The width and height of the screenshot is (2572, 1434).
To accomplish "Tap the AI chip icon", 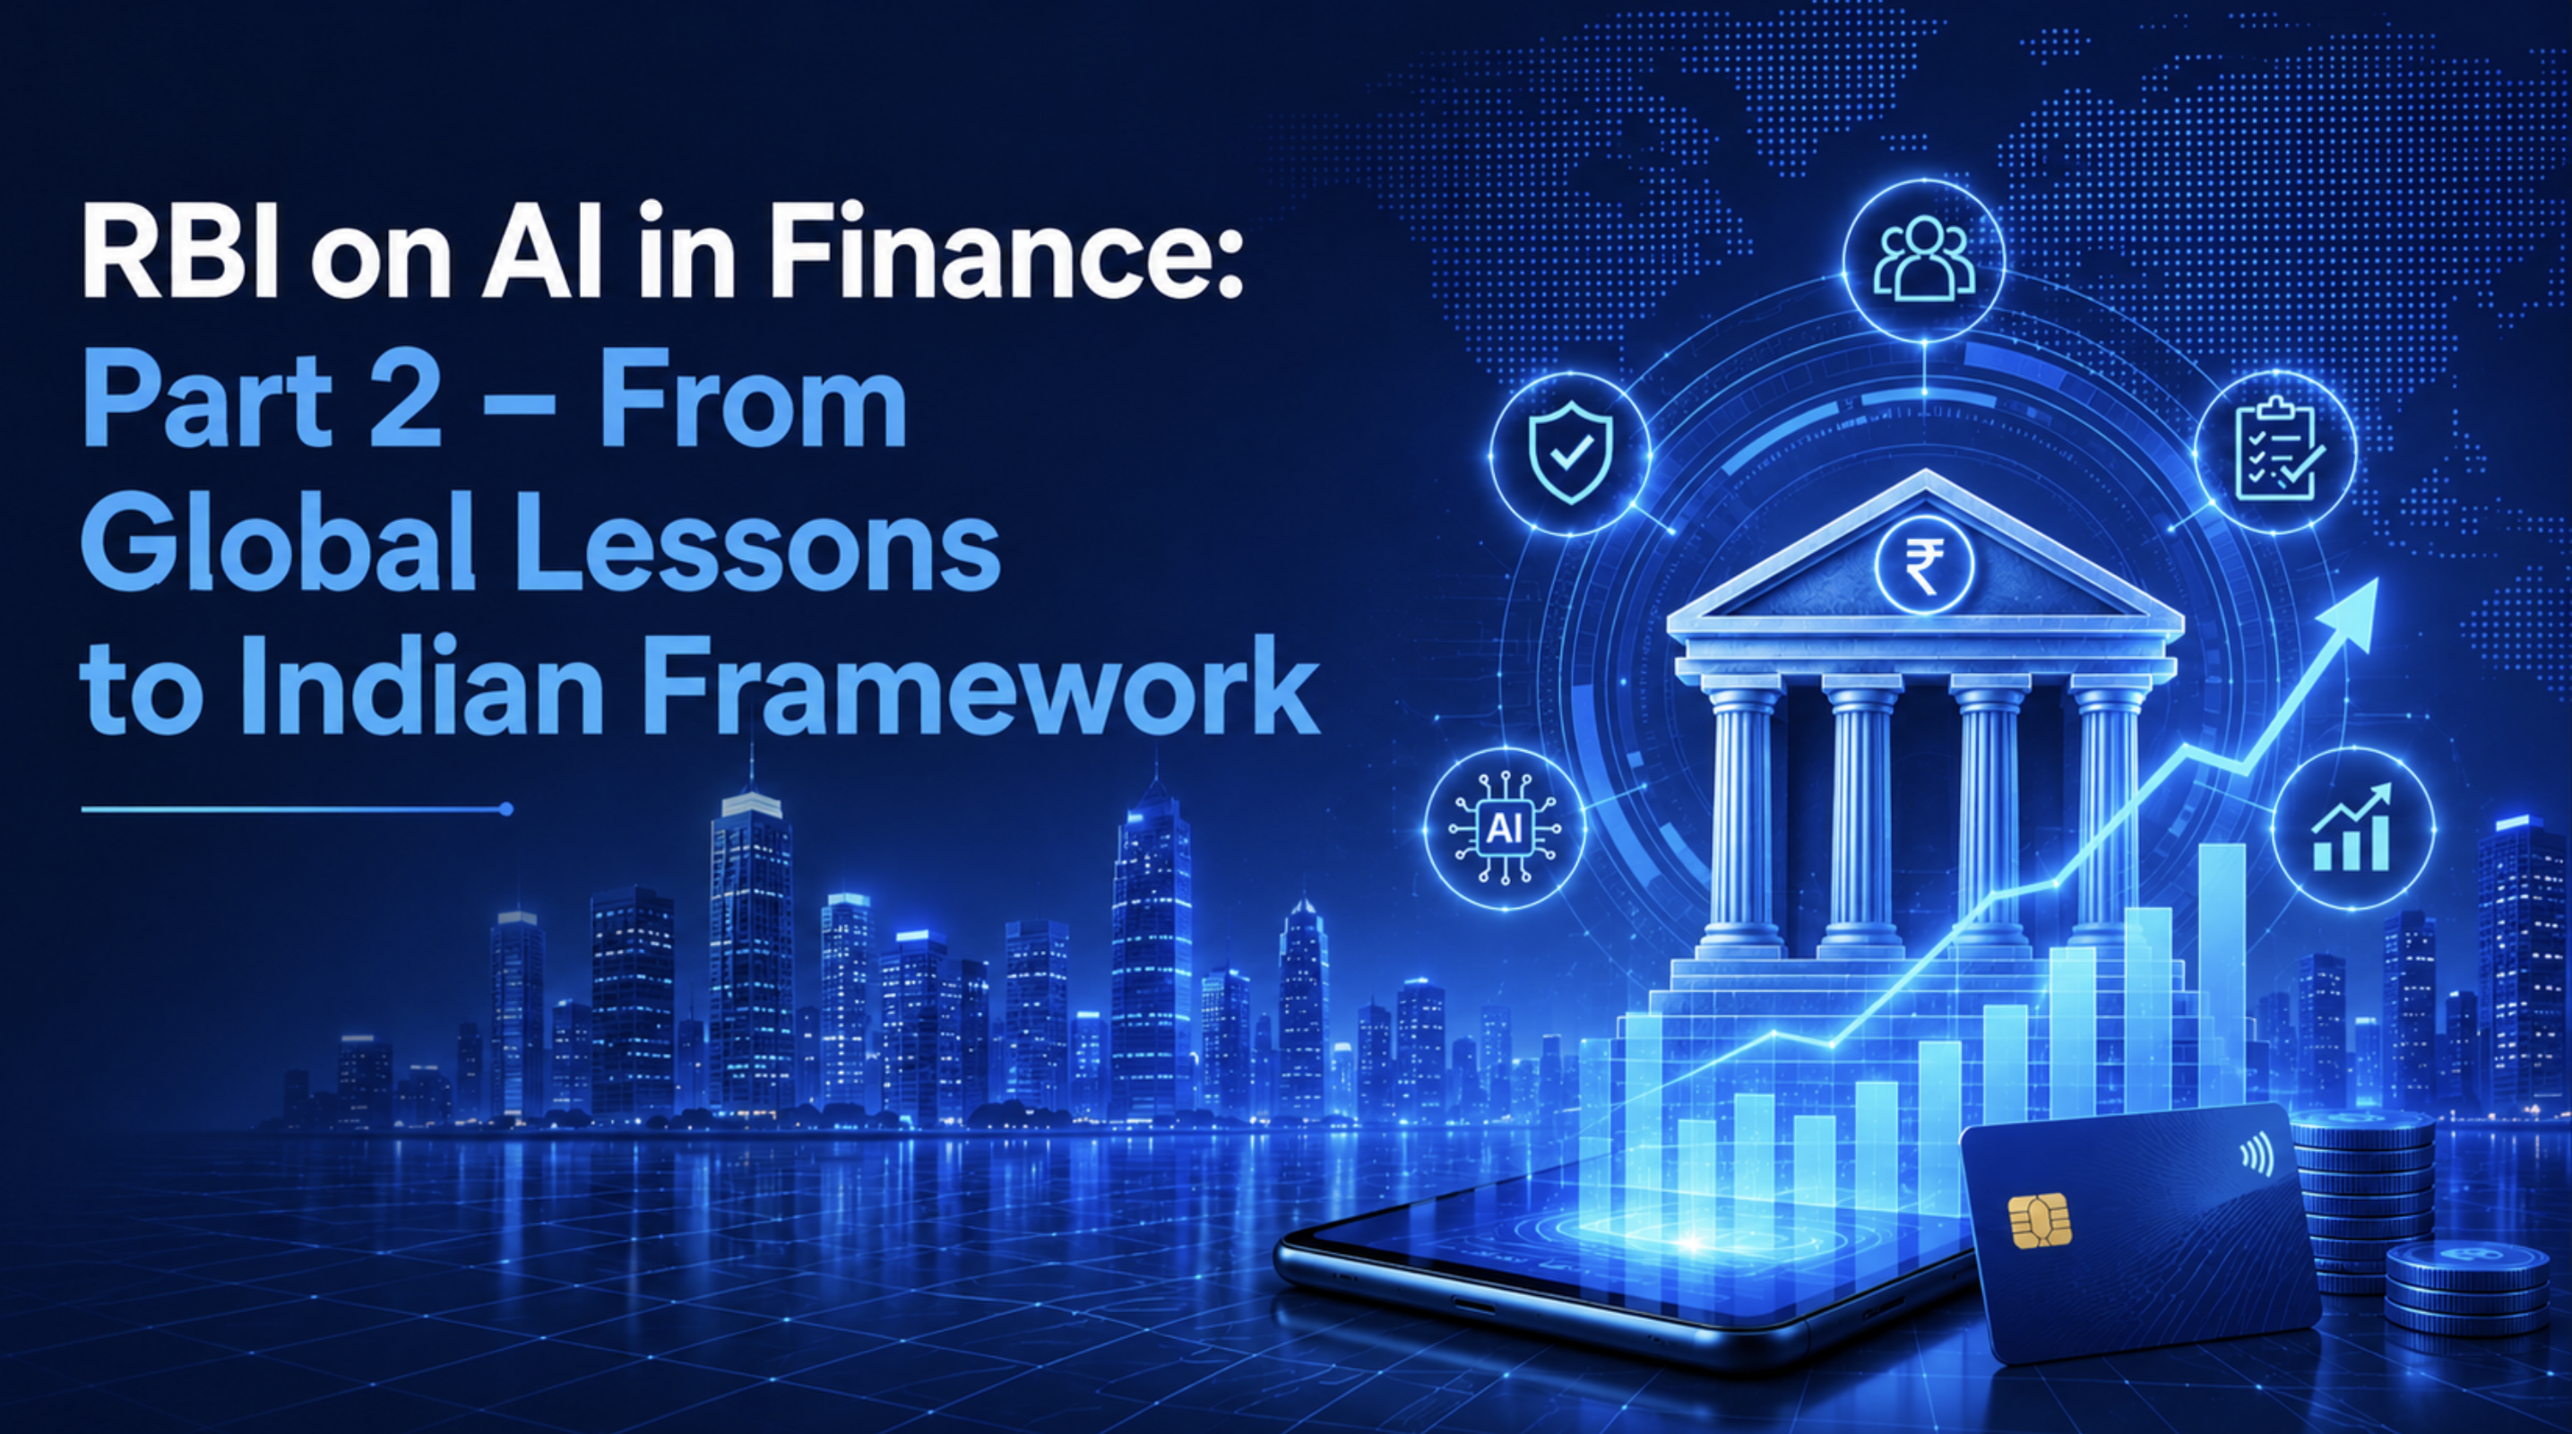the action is (x=1506, y=828).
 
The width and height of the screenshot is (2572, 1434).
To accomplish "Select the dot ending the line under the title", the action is (x=506, y=809).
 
